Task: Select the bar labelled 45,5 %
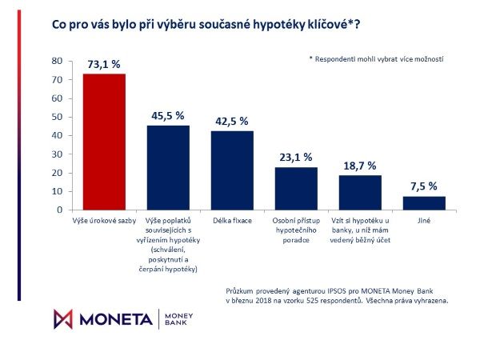tap(168, 167)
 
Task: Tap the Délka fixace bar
tap(232, 170)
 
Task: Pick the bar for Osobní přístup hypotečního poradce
tap(296, 189)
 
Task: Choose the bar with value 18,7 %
tap(360, 193)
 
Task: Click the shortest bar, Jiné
tap(424, 203)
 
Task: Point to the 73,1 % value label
tap(104, 64)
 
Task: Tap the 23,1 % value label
tap(296, 158)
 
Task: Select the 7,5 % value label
tap(424, 186)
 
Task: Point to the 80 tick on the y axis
tap(57, 61)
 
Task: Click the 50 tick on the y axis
tap(57, 117)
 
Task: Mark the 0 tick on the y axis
tap(59, 210)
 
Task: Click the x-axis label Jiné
tap(424, 218)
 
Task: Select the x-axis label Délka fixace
tap(232, 218)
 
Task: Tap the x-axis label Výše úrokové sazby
tap(104, 218)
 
